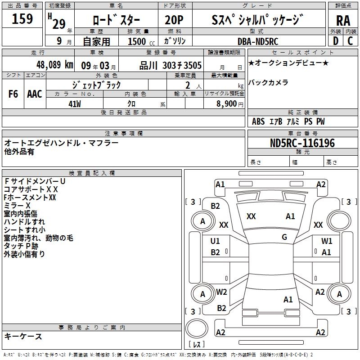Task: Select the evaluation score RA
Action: tap(343, 20)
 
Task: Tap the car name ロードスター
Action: tap(116, 20)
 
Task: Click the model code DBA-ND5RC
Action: tap(258, 41)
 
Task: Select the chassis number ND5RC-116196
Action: tap(302, 143)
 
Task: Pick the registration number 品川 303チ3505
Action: tap(171, 65)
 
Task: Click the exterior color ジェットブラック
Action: tap(97, 85)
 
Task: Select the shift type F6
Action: tap(13, 94)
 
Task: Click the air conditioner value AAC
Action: tap(35, 94)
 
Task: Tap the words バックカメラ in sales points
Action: tap(268, 82)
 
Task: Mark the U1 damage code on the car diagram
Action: tap(215, 241)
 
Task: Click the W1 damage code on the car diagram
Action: tap(327, 241)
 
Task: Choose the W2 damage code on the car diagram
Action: tap(221, 292)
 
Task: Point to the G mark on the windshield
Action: tap(284, 237)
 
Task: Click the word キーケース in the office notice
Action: tap(23, 336)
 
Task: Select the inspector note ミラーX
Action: tap(17, 205)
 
